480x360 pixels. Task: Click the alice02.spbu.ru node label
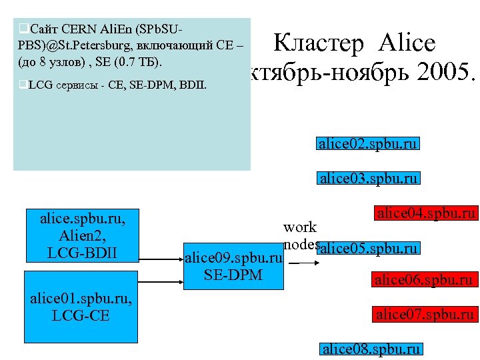369,144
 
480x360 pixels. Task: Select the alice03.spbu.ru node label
369,178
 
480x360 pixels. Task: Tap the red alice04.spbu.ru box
426,213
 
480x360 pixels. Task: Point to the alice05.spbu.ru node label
369,249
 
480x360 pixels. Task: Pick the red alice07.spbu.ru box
425,314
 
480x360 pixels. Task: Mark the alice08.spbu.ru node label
371,349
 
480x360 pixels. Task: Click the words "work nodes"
300,235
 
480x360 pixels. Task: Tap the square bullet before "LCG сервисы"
23,85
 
